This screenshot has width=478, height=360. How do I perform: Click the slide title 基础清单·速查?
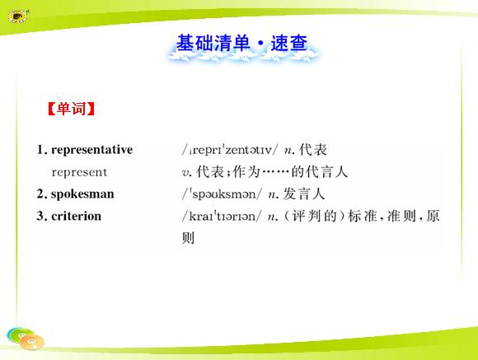241,43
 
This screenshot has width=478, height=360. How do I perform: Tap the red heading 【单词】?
72,109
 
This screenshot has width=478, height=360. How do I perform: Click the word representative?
92,150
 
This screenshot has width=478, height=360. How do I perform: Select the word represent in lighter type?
79,172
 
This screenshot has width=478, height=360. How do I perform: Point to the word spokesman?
82,194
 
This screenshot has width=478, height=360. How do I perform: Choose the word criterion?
76,216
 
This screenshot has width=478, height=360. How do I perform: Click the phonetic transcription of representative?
230,150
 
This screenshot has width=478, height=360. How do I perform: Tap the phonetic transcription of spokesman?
222,194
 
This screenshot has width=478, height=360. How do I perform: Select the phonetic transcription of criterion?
222,217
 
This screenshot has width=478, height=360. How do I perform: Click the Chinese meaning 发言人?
304,194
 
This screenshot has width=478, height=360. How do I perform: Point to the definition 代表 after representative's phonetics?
313,150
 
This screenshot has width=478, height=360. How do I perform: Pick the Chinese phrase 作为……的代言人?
290,172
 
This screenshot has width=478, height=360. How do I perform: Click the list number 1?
40,150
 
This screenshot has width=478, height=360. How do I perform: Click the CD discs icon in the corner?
26,339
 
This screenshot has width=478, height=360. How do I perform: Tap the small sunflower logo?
18,16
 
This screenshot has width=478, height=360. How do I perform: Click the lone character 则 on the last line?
188,238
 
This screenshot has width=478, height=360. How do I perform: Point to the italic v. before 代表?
186,173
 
